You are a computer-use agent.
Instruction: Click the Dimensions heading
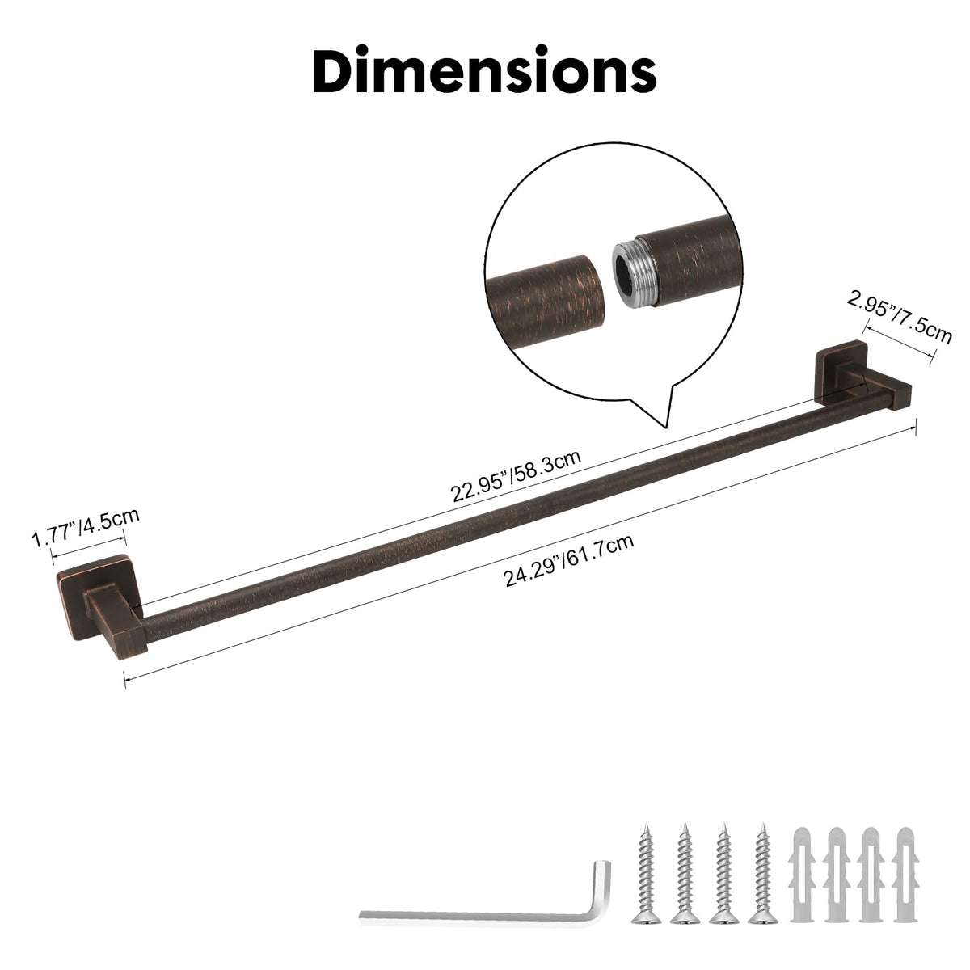[484, 70]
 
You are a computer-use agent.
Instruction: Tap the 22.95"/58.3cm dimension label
[516, 475]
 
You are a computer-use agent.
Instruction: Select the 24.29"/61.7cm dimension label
[568, 560]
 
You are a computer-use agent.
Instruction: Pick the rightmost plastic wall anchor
[905, 867]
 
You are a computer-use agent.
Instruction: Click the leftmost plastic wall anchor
[803, 867]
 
